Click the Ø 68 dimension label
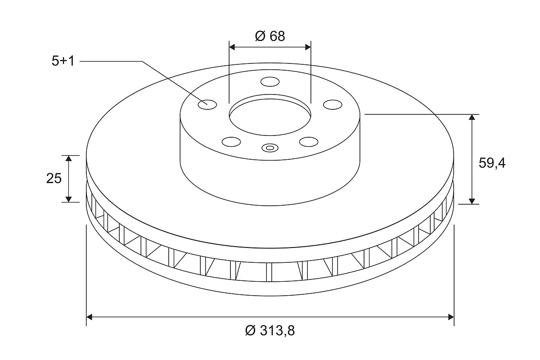(270, 36)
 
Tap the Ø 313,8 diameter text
(270, 330)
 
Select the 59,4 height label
(492, 164)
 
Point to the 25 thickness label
(54, 179)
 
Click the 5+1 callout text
(63, 61)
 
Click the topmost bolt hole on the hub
(270, 82)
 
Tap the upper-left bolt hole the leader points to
(207, 105)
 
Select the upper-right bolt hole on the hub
(333, 105)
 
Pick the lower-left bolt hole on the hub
(231, 142)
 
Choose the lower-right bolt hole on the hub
(309, 142)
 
